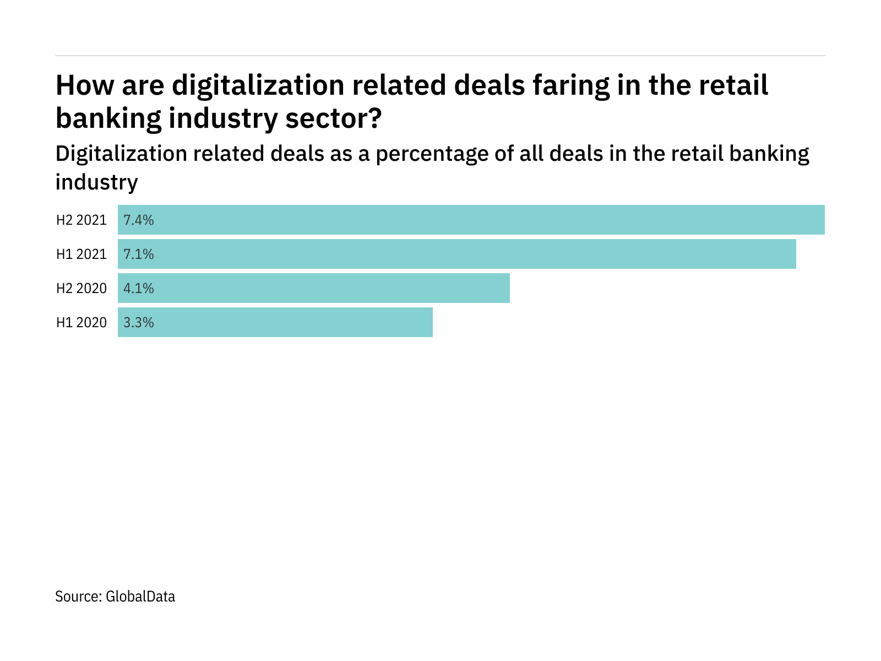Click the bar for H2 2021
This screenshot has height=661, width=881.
point(471,220)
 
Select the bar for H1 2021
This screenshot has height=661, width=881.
point(457,254)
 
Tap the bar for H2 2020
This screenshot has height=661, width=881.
point(314,288)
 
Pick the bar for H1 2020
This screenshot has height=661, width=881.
point(275,322)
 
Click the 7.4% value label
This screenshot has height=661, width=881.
point(138,220)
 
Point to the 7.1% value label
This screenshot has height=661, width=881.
point(138,254)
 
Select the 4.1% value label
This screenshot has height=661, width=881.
point(138,289)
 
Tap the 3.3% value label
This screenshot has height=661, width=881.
point(138,323)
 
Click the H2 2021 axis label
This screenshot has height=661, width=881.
point(81,220)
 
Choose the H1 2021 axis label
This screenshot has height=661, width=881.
point(81,254)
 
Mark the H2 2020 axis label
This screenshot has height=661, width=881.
point(81,289)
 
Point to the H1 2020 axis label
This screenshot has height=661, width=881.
point(81,323)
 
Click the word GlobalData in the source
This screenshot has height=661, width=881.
point(140,597)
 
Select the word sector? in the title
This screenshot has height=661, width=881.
point(333,118)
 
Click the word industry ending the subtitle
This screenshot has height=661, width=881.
point(96,182)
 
